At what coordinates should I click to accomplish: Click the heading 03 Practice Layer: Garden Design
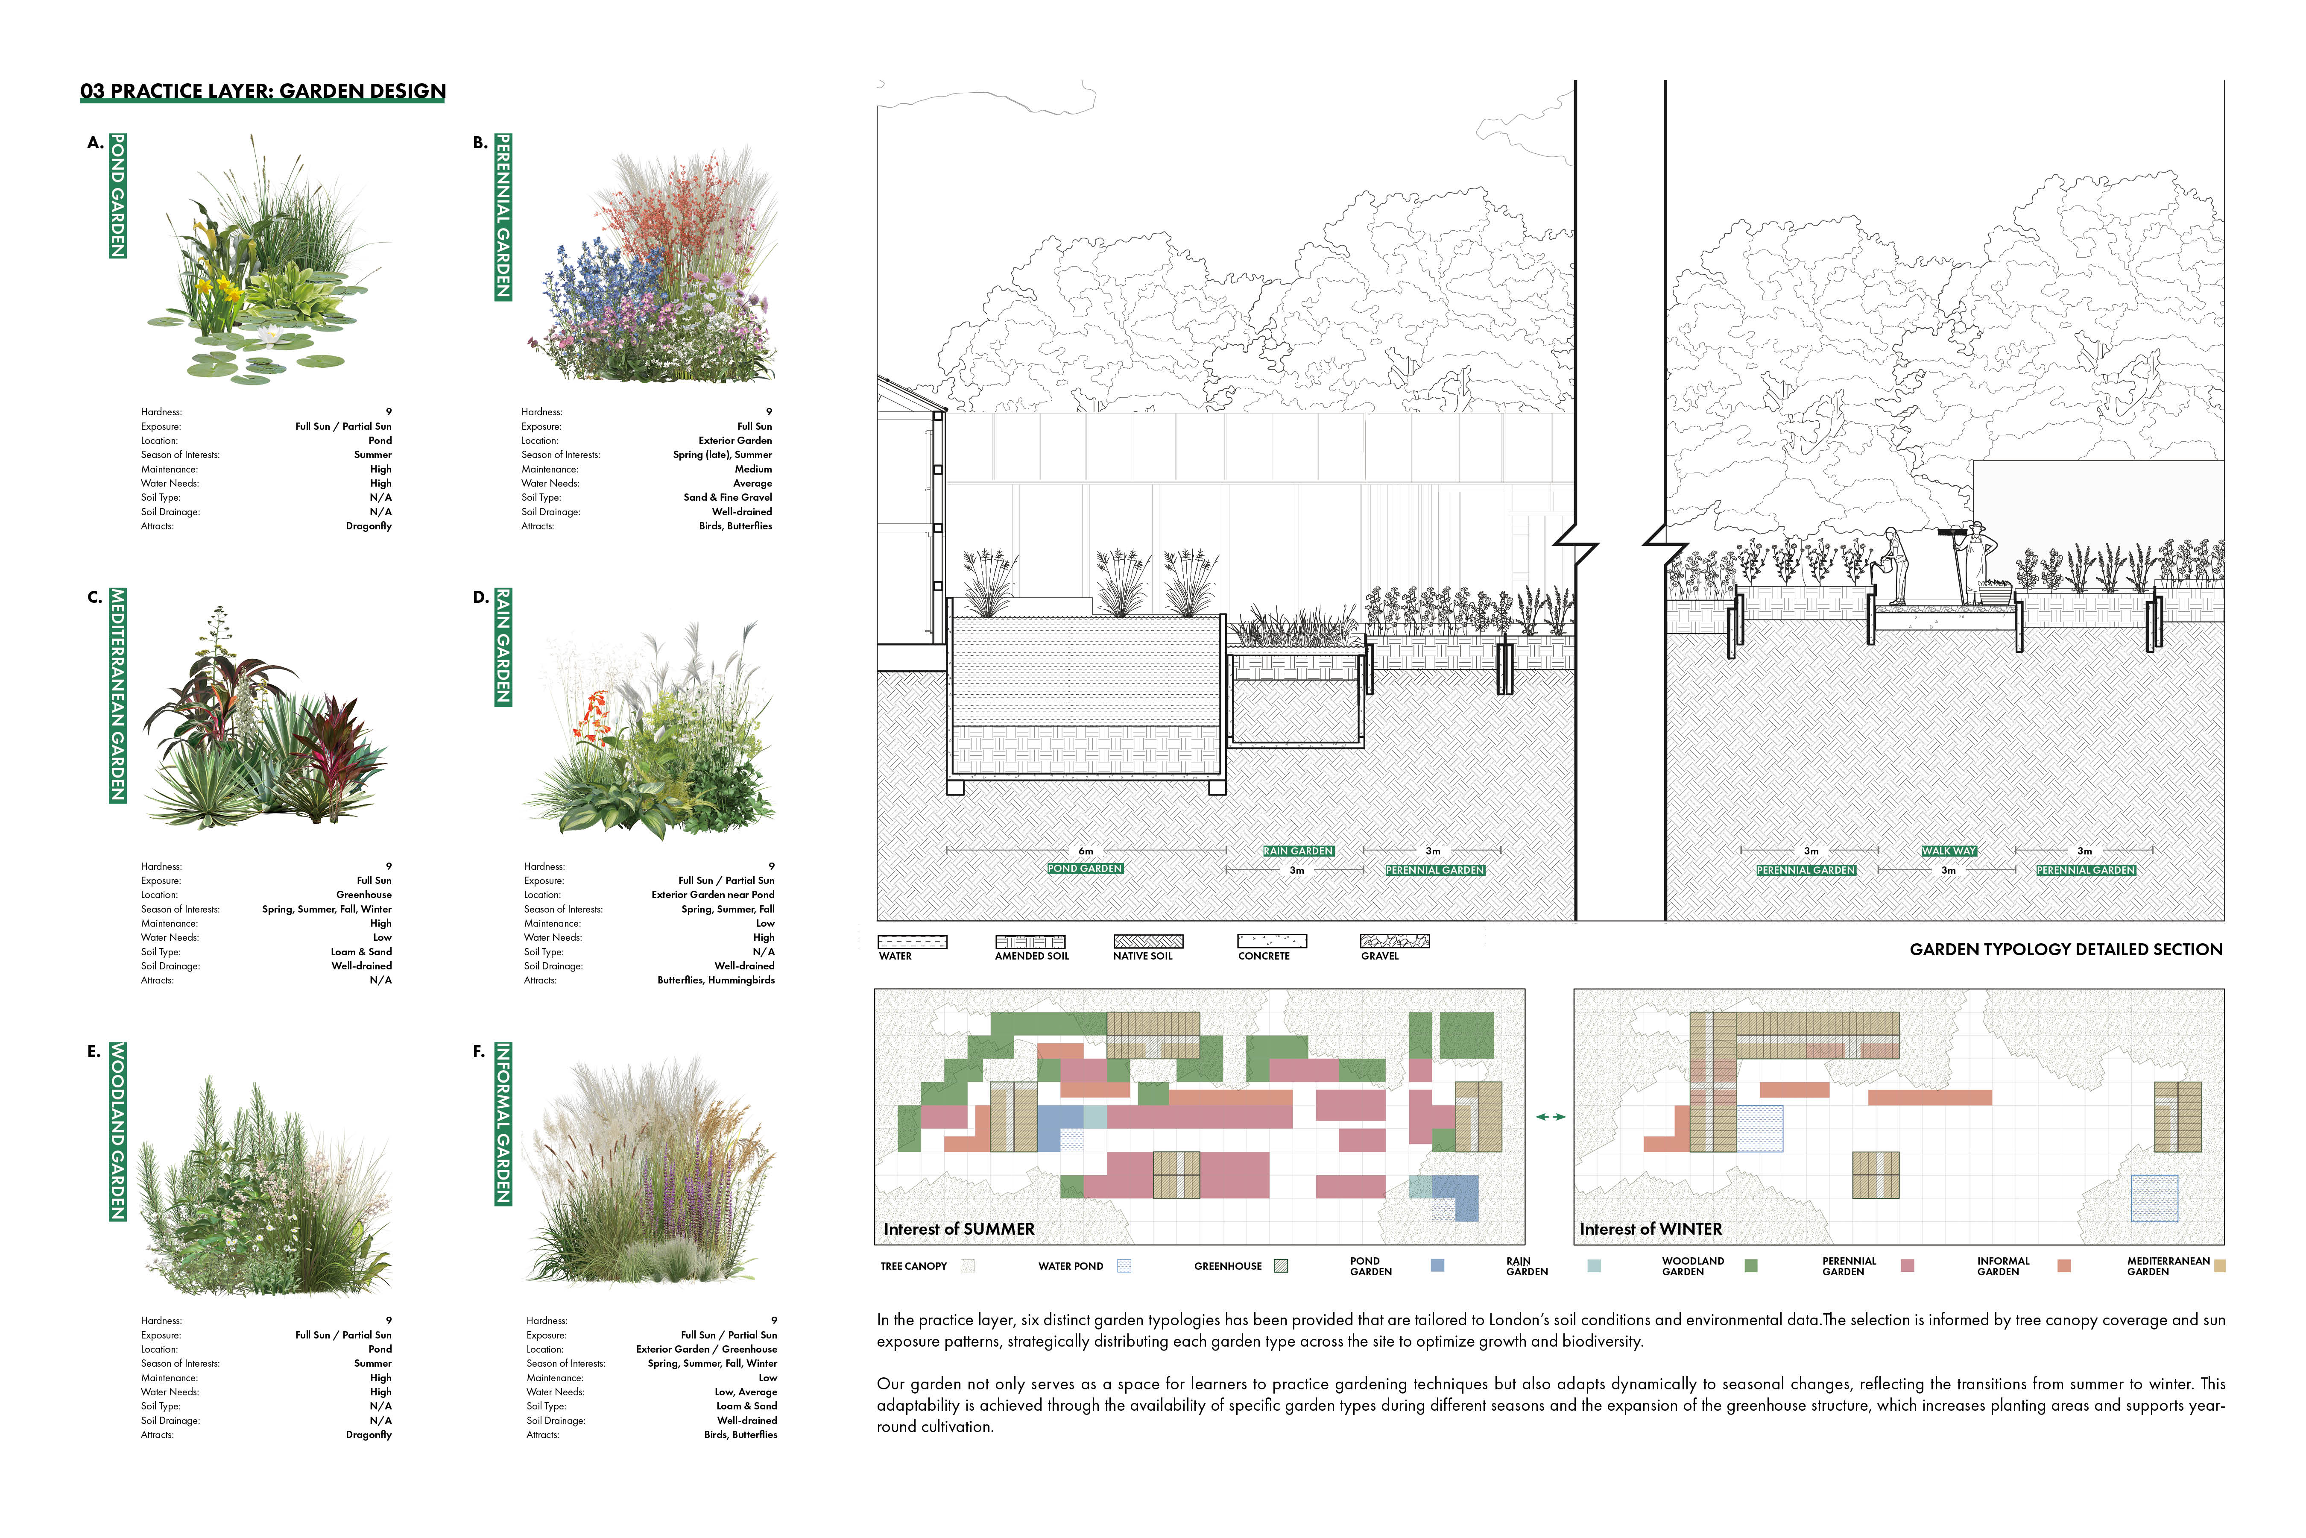click(263, 91)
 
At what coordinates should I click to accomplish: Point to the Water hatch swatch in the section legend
click(912, 942)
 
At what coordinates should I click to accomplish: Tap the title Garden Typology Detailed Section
click(2065, 949)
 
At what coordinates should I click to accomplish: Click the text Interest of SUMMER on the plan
click(959, 1229)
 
